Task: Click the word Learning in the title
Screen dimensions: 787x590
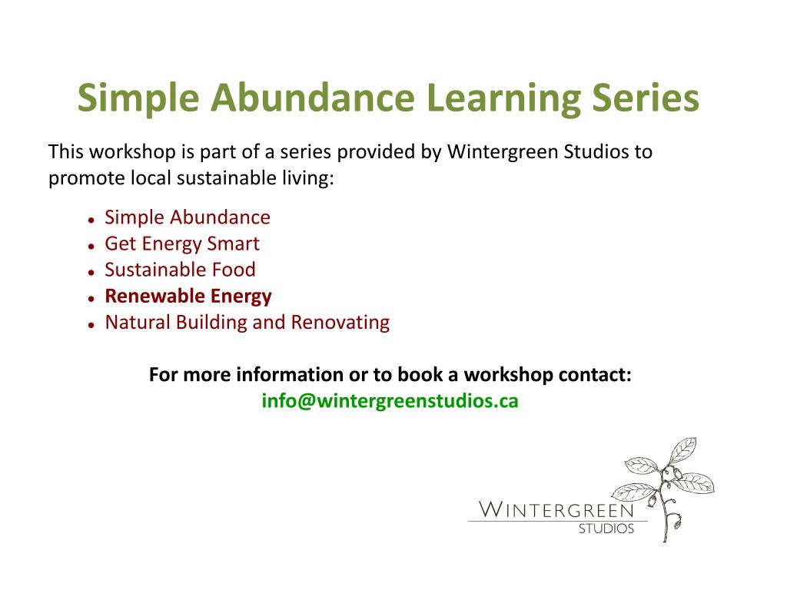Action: pyautogui.click(x=503, y=99)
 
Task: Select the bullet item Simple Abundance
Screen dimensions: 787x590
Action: pyautogui.click(x=188, y=217)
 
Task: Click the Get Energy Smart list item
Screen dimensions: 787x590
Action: pyautogui.click(x=181, y=244)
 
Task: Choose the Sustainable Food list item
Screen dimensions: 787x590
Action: pyautogui.click(x=180, y=270)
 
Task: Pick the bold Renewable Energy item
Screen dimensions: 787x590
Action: pyautogui.click(x=188, y=297)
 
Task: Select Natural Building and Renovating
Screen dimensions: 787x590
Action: pyautogui.click(x=247, y=323)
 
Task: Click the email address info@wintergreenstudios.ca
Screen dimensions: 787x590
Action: pyautogui.click(x=390, y=401)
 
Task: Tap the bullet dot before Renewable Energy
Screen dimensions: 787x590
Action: pyautogui.click(x=91, y=299)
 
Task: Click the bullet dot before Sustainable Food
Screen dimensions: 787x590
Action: pyautogui.click(x=91, y=273)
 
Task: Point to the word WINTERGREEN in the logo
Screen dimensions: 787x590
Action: pyautogui.click(x=556, y=510)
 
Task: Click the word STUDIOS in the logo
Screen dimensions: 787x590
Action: pyautogui.click(x=606, y=529)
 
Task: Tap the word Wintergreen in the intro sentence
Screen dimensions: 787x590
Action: pyautogui.click(x=503, y=152)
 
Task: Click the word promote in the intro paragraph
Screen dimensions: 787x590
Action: pyautogui.click(x=86, y=179)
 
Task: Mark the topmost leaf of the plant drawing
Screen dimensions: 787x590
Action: pyautogui.click(x=683, y=449)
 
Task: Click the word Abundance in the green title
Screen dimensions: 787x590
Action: pyautogui.click(x=312, y=98)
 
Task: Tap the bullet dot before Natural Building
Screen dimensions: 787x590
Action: pyautogui.click(x=91, y=325)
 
